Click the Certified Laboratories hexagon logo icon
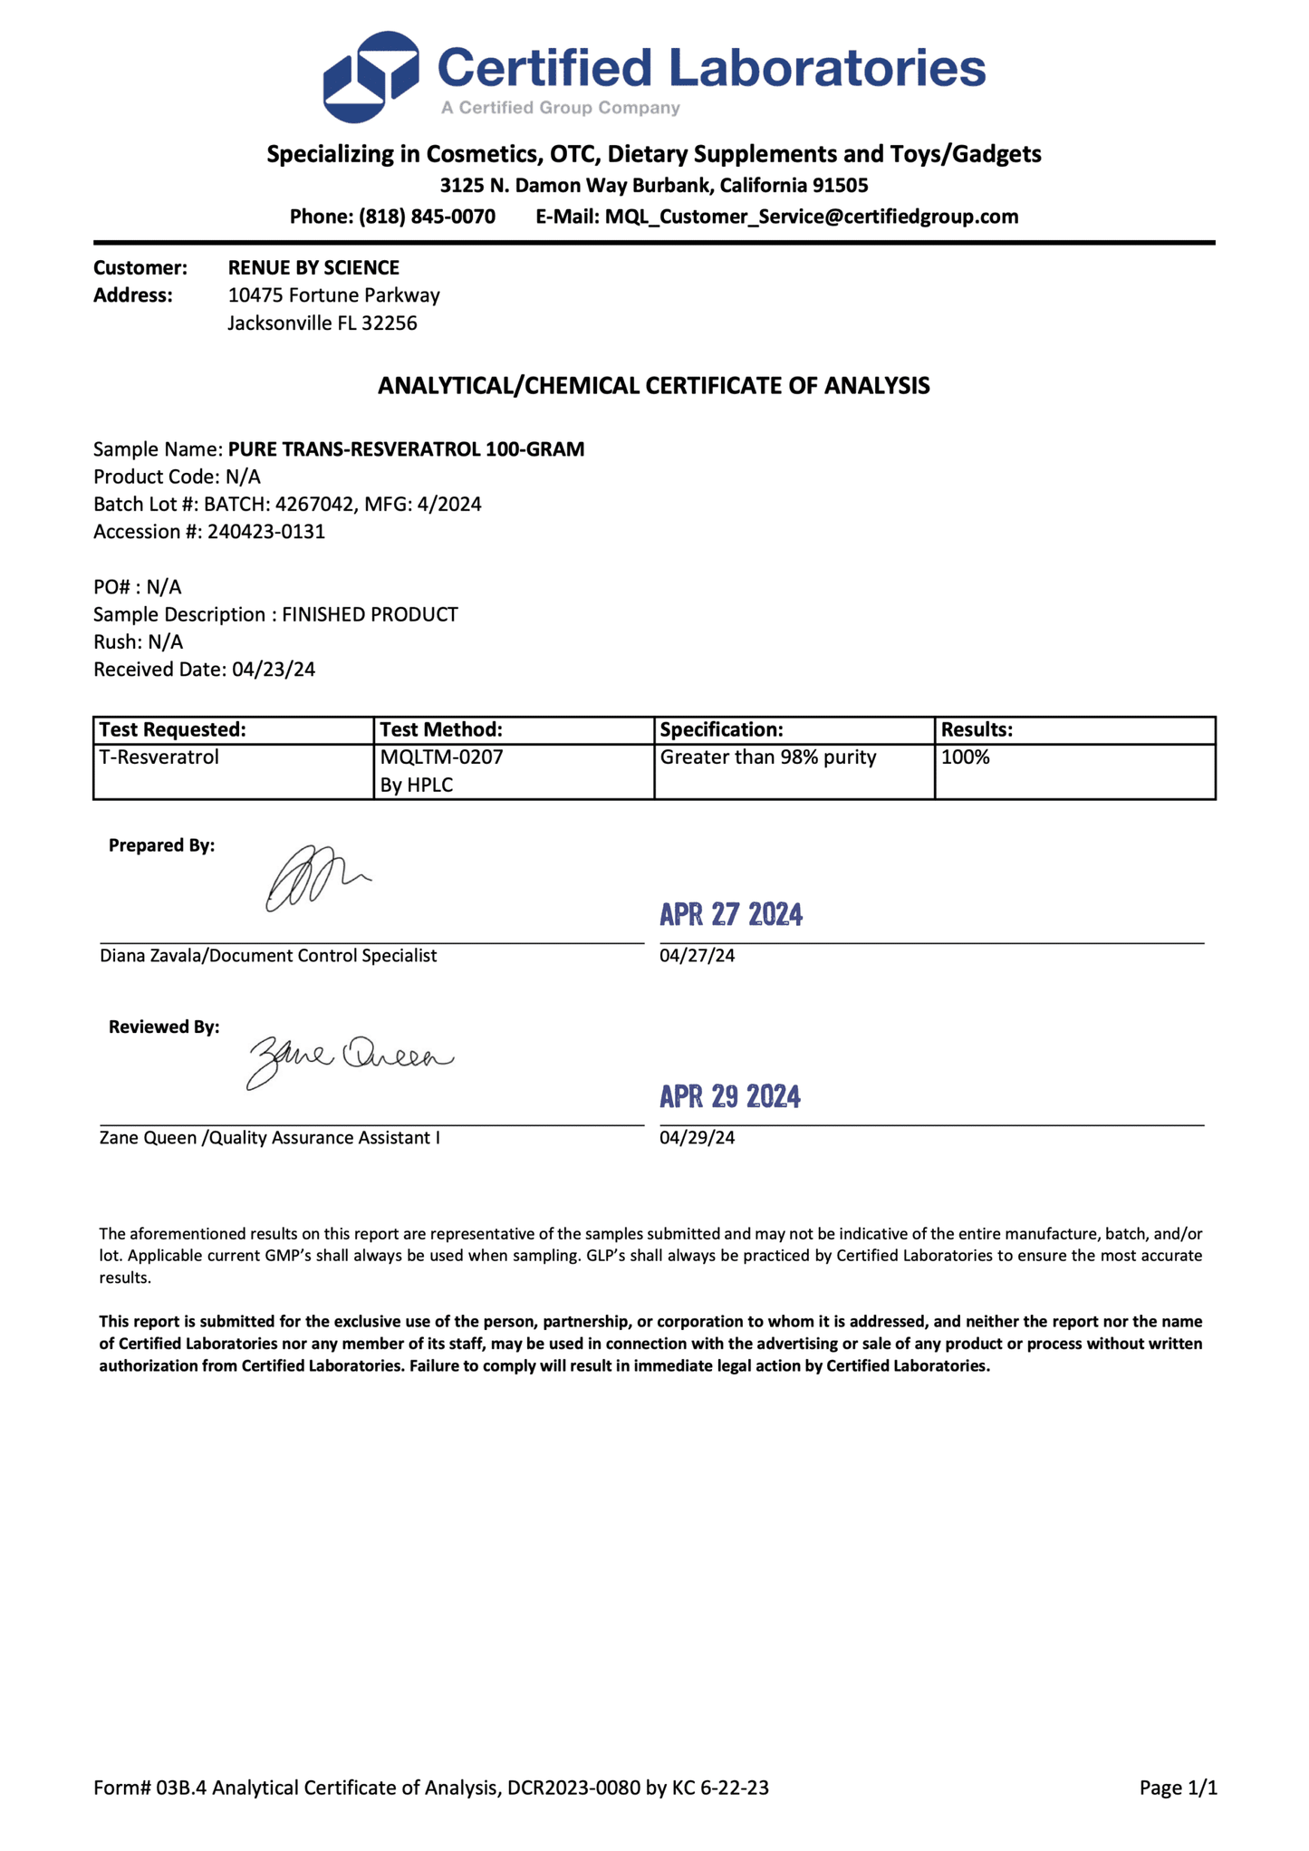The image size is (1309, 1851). point(371,77)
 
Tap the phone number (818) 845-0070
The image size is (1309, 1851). point(427,217)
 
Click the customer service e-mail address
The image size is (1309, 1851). point(812,217)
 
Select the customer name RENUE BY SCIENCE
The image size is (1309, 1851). point(313,268)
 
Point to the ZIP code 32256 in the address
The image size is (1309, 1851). point(390,323)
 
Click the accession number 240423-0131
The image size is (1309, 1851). point(266,532)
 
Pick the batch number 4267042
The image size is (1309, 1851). point(314,505)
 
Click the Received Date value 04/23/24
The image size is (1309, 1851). point(274,670)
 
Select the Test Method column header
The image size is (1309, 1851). point(441,730)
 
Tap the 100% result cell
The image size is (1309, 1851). point(966,757)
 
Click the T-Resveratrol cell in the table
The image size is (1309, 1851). point(159,757)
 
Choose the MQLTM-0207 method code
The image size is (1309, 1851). point(441,757)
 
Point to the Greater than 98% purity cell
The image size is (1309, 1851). point(768,757)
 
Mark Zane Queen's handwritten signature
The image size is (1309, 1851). point(349,1059)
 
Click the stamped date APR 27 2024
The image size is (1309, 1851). point(731,915)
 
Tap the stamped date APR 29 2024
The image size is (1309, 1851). point(730,1097)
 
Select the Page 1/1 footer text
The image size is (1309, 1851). point(1178,1788)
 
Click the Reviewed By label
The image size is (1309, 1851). point(164,1027)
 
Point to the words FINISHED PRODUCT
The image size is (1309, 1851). point(370,615)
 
